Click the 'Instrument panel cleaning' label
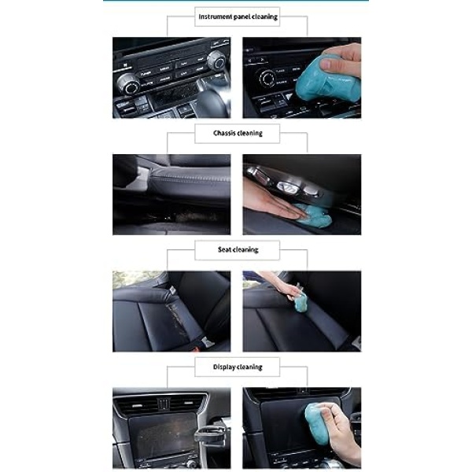tap(238, 17)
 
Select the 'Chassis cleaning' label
tap(238, 133)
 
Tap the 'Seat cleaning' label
tap(238, 249)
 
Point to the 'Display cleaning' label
tap(238, 367)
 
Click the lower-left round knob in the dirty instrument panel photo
tap(129, 84)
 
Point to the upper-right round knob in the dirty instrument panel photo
tap(217, 61)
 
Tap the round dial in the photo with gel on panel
tap(267, 79)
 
